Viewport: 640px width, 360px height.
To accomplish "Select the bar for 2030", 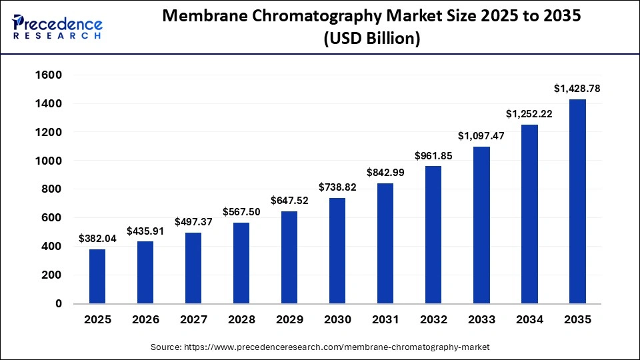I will click(337, 251).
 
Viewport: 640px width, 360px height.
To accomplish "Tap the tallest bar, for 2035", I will click(577, 201).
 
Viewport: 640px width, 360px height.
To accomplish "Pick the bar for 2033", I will click(481, 225).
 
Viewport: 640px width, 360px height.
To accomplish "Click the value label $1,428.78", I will click(577, 88).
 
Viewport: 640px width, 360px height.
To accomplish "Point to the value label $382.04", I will click(97, 238).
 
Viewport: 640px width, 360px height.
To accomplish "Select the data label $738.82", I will click(337, 187).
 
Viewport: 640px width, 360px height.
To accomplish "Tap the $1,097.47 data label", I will click(481, 136).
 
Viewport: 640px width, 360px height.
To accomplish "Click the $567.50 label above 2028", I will click(241, 211).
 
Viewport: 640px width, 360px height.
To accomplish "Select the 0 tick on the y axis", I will click(59, 303).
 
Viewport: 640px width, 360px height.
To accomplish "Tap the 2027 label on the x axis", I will click(193, 320).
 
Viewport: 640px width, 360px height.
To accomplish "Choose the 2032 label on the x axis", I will click(433, 320).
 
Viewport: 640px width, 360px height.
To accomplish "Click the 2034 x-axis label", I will click(529, 320).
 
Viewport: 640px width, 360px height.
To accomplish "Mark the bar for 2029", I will click(289, 257).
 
